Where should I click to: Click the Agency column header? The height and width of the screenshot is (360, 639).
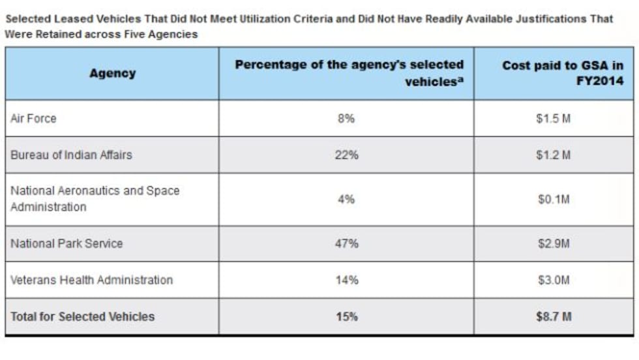112,73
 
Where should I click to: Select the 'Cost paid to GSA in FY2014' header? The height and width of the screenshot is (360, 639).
562,73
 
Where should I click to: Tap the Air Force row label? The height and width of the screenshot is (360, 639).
34,119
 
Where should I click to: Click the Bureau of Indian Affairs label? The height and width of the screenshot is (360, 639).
71,155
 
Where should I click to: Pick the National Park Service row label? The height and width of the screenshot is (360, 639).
67,243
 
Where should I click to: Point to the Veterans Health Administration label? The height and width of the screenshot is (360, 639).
91,280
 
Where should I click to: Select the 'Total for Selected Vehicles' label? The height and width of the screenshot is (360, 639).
83,317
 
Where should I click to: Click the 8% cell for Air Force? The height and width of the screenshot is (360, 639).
346,119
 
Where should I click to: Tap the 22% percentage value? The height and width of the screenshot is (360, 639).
346,155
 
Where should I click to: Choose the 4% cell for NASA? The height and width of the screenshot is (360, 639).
346,199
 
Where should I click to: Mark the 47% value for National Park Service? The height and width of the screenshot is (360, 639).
346,243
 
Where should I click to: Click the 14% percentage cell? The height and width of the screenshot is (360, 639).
346,280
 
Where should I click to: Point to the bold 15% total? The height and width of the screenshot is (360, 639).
346,317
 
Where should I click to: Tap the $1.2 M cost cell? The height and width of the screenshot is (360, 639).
554,155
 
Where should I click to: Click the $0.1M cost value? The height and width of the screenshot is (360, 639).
554,200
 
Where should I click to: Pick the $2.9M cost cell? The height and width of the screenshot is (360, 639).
554,243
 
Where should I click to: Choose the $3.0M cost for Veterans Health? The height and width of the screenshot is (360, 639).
554,280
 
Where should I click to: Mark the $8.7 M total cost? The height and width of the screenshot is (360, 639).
554,317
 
